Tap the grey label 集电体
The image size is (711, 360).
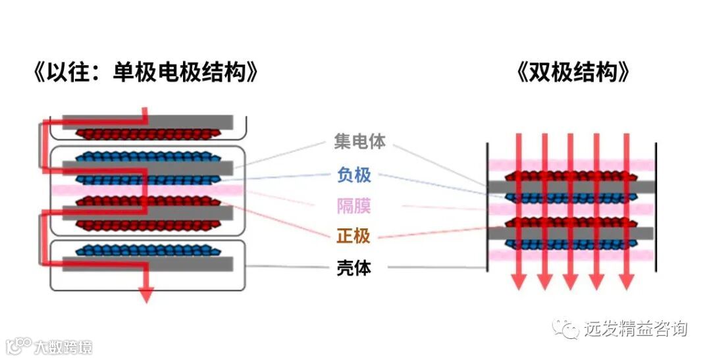(359, 141)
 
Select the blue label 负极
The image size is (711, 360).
(354, 174)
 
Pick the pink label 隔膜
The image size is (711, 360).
(354, 206)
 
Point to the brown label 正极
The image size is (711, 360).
(354, 236)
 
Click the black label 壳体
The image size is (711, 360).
(354, 268)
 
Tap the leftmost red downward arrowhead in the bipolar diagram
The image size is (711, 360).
(519, 281)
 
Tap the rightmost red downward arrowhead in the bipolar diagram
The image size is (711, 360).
(626, 281)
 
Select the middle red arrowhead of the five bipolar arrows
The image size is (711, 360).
(571, 281)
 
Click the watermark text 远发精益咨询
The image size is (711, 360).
(635, 328)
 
